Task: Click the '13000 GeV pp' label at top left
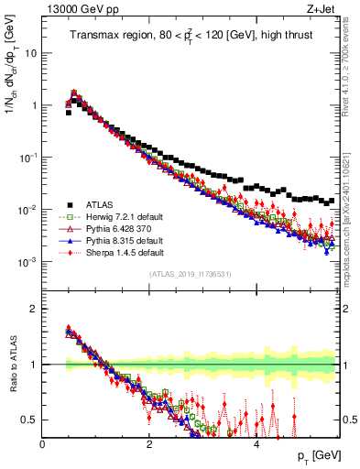coord(74,10)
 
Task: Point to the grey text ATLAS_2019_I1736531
coord(190,274)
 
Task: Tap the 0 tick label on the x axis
coord(42,443)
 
